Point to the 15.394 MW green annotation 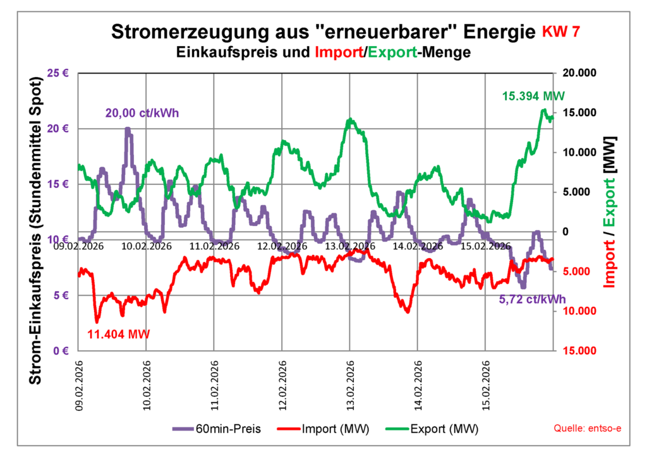[x=533, y=97]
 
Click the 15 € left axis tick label [x=57, y=184]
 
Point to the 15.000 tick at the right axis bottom [x=577, y=351]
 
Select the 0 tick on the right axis [x=564, y=232]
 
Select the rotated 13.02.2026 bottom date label [x=350, y=384]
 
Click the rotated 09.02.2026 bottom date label [x=79, y=384]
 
